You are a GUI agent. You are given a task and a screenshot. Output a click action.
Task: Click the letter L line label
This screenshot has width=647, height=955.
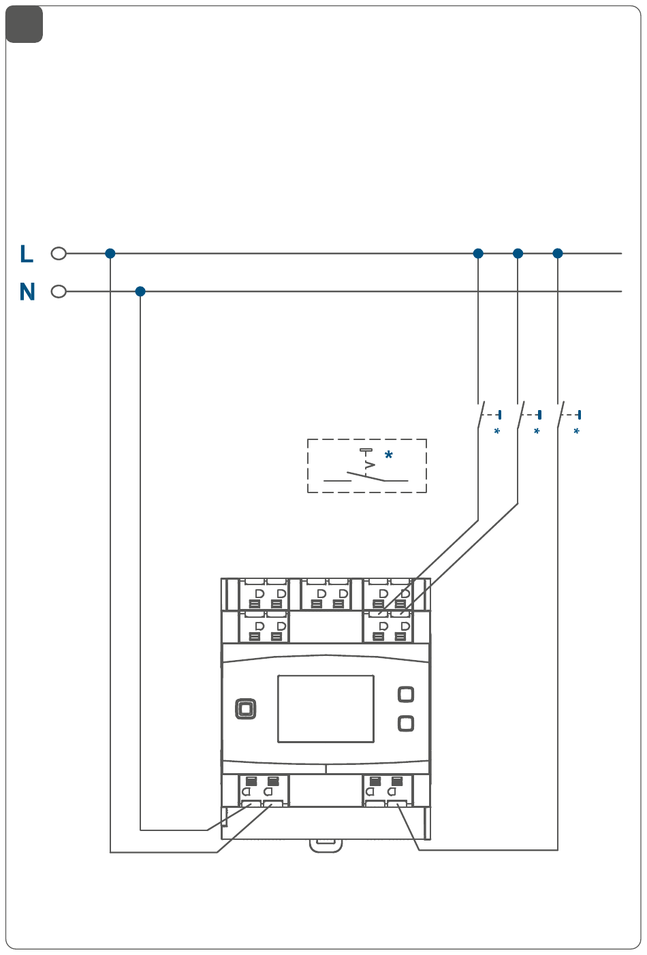click(27, 254)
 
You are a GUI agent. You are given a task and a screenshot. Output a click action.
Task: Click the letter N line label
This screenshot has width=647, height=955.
click(27, 292)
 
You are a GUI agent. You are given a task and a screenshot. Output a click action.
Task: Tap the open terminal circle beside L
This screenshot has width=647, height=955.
click(59, 254)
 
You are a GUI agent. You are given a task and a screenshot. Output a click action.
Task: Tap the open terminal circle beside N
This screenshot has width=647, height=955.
click(59, 292)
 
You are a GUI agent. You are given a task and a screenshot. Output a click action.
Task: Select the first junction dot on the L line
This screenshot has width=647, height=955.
click(110, 253)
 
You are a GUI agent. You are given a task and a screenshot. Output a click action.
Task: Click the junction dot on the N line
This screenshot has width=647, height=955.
click(140, 292)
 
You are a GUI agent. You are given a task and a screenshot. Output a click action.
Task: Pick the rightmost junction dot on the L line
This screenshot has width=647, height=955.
click(558, 253)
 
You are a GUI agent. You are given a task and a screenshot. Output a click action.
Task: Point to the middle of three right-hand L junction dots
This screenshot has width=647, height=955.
click(518, 253)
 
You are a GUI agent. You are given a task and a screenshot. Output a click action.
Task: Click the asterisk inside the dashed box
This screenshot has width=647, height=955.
click(389, 455)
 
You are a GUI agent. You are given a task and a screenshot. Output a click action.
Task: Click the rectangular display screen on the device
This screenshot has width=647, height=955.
click(326, 708)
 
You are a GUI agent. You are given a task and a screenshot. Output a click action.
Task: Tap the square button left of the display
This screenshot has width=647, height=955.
click(246, 709)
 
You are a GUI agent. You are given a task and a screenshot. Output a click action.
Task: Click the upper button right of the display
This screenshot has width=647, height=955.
click(406, 694)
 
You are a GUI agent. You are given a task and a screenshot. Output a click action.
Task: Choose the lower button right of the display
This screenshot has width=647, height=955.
click(406, 723)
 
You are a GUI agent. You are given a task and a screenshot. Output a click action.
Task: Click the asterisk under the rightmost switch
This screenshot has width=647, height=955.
click(577, 432)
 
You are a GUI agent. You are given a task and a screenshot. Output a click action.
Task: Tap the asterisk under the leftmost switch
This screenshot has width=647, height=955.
click(497, 432)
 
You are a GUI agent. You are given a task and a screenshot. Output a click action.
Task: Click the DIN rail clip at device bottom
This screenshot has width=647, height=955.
click(326, 845)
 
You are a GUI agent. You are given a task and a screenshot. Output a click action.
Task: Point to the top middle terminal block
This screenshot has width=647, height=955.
click(326, 595)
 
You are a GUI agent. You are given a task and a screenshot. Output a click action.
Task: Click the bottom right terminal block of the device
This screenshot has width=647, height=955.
click(387, 791)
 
